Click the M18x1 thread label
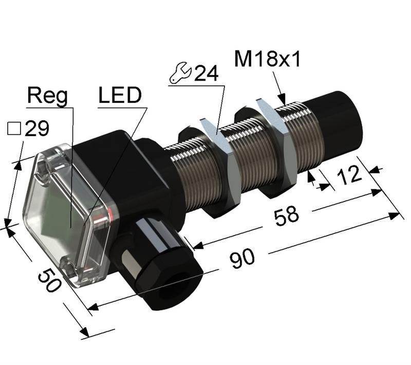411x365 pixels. (x=267, y=60)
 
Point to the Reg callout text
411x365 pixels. (x=47, y=96)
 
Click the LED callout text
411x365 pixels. (x=119, y=96)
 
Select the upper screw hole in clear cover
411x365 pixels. (x=43, y=165)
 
